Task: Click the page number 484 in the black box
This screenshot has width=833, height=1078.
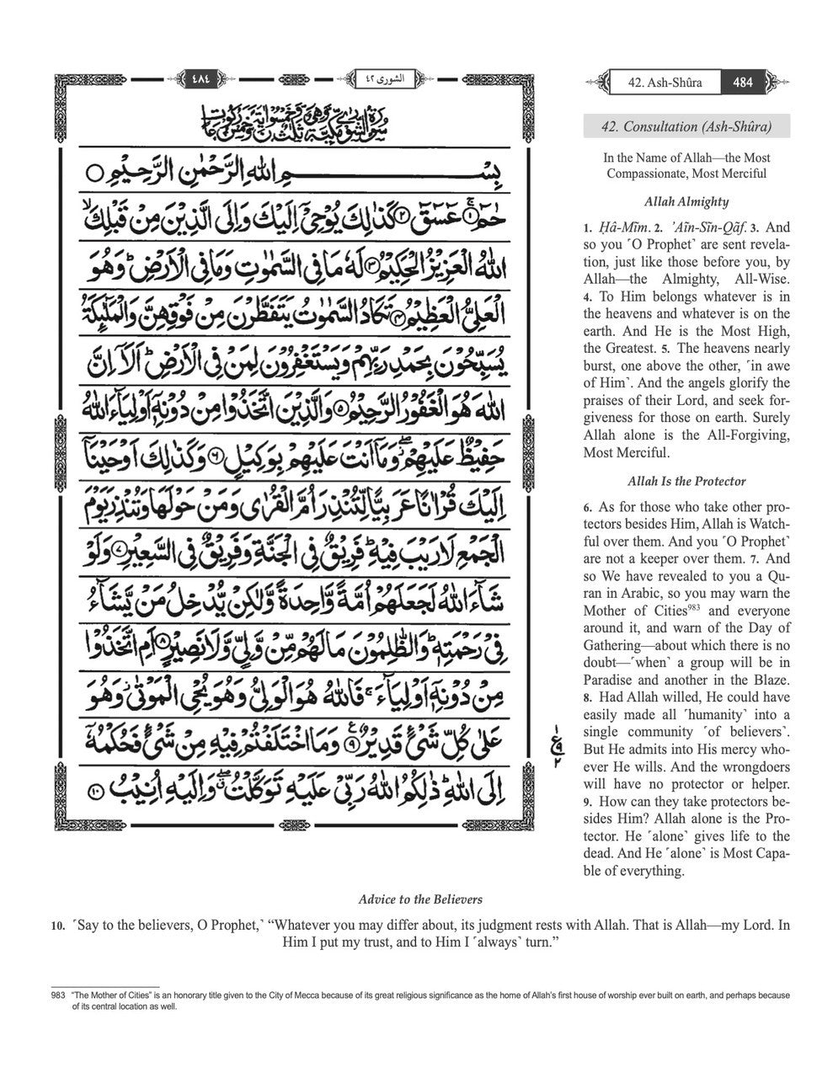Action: pyautogui.click(x=743, y=83)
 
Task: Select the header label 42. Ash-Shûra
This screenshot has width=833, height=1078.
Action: pyautogui.click(x=665, y=83)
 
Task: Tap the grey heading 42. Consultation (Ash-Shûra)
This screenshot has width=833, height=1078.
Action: pyautogui.click(x=686, y=127)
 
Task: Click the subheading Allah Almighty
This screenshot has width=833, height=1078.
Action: pyautogui.click(x=686, y=202)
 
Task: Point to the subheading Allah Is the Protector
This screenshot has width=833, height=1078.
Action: pyautogui.click(x=686, y=482)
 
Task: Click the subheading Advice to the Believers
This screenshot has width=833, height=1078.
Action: pyautogui.click(x=420, y=899)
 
